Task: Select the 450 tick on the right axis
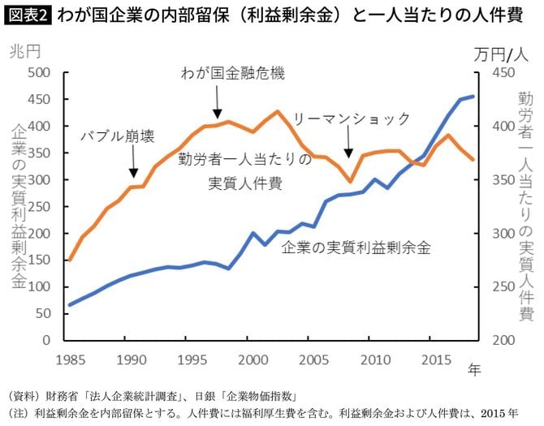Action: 494,73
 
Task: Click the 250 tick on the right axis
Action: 494,286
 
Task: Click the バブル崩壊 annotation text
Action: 117,136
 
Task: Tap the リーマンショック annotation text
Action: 352,118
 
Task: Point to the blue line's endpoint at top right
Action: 474,97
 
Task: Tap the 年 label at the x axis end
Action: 474,370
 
